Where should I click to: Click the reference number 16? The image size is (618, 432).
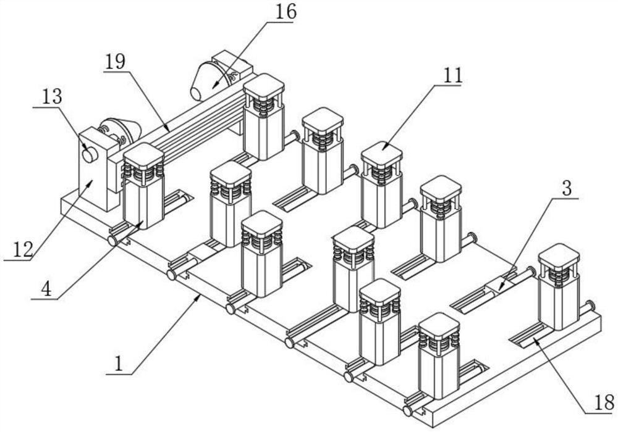point(286,12)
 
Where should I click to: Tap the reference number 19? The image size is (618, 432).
point(115,62)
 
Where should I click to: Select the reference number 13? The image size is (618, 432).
point(53,96)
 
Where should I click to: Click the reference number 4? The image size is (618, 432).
point(46,289)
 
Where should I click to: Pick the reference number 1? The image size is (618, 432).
point(119,364)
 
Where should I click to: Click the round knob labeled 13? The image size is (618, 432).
point(90,155)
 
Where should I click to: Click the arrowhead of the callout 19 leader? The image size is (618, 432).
point(169,130)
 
